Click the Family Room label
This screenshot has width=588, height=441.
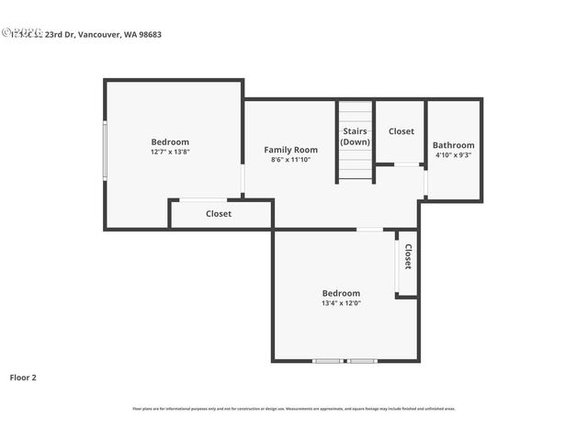pos(290,150)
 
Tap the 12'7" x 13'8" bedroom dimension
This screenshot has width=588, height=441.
pos(170,152)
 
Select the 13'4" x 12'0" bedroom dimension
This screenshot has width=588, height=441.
pos(341,303)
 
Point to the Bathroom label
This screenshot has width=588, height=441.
pos(454,145)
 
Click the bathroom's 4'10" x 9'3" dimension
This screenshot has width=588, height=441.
pos(454,155)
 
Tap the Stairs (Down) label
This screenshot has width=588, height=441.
pos(356,137)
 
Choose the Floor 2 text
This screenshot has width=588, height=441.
pos(23,377)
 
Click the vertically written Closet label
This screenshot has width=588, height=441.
pos(408,255)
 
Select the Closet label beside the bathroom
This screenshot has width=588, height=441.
pos(401,131)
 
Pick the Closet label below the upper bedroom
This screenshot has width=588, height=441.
pos(219,214)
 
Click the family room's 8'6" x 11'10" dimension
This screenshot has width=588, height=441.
pos(290,160)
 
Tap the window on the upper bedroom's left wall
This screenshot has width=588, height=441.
pos(105,151)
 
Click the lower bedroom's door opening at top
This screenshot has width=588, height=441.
pos(369,229)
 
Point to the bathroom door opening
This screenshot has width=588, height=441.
pos(425,182)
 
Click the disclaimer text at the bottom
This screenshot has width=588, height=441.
pos(294,409)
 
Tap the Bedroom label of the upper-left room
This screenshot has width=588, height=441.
pos(170,141)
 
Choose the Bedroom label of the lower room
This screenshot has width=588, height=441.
pos(341,293)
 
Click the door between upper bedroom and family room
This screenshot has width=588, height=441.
pos(243,179)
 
